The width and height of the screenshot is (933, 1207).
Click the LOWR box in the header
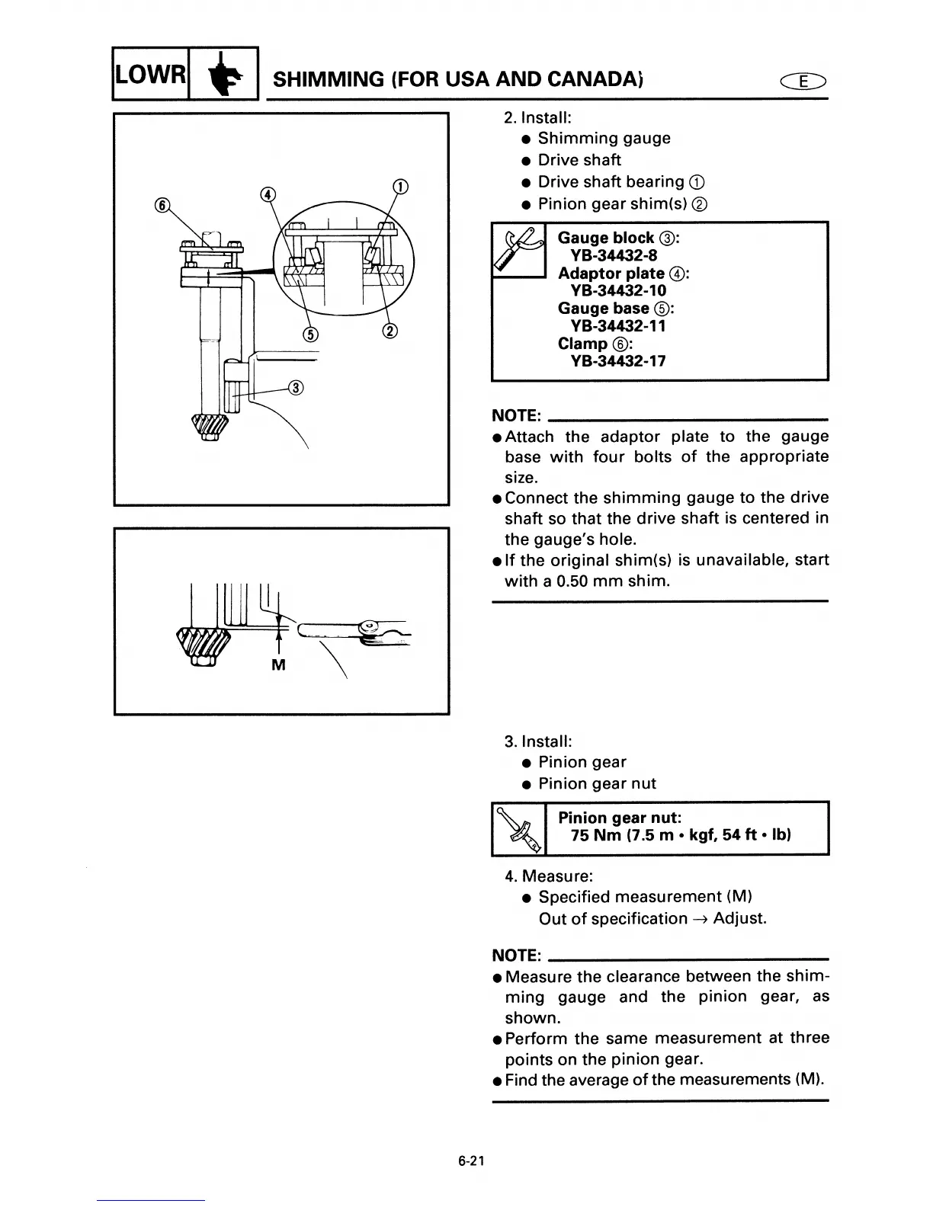pyautogui.click(x=150, y=75)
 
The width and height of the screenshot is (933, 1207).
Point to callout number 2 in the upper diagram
pyautogui.click(x=390, y=331)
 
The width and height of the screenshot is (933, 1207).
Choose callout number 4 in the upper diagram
pyautogui.click(x=267, y=194)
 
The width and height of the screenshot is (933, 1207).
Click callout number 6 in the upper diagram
pyautogui.click(x=161, y=204)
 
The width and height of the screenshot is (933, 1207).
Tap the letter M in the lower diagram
pyautogui.click(x=278, y=665)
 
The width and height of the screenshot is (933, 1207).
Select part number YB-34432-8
pyautogui.click(x=614, y=255)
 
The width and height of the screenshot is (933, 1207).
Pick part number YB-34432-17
pyautogui.click(x=618, y=361)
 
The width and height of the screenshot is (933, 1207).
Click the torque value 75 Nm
pyautogui.click(x=597, y=835)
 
